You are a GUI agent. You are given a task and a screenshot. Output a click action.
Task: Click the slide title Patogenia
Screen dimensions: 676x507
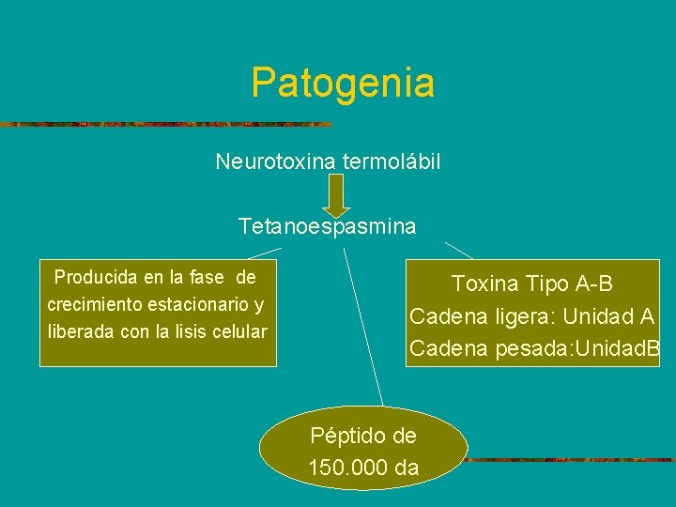(343, 83)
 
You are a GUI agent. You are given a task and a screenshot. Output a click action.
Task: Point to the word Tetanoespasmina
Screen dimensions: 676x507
(328, 227)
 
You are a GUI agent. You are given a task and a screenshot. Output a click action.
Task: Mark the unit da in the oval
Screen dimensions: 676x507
(407, 467)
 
